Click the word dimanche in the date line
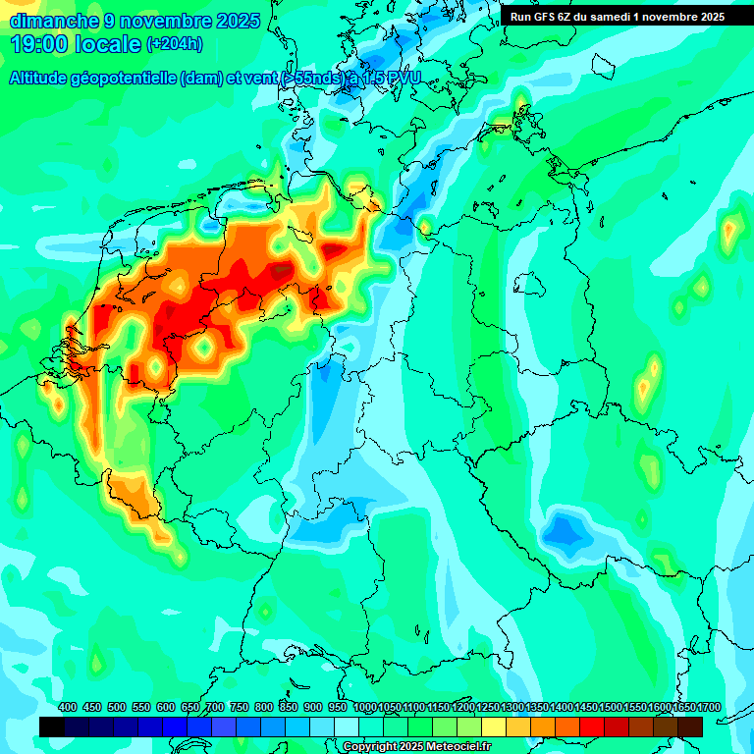point(54,21)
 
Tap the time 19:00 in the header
point(40,44)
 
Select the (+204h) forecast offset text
point(174,44)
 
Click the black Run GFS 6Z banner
point(617,17)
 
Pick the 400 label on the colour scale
point(68,707)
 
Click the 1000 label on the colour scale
point(365,707)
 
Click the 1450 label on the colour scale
point(586,707)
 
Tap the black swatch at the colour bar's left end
point(52,727)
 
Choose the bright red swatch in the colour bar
point(592,727)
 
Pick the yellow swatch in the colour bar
point(494,727)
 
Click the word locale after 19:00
point(108,44)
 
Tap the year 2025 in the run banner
point(707,17)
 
